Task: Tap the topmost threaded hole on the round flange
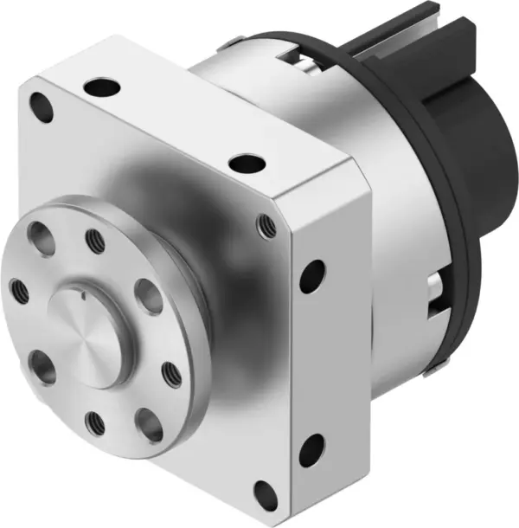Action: click(94, 236)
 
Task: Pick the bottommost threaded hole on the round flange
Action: click(94, 423)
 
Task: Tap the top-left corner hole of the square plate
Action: click(40, 107)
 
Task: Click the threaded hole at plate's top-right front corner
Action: click(266, 227)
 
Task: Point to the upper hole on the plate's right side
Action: click(312, 274)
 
